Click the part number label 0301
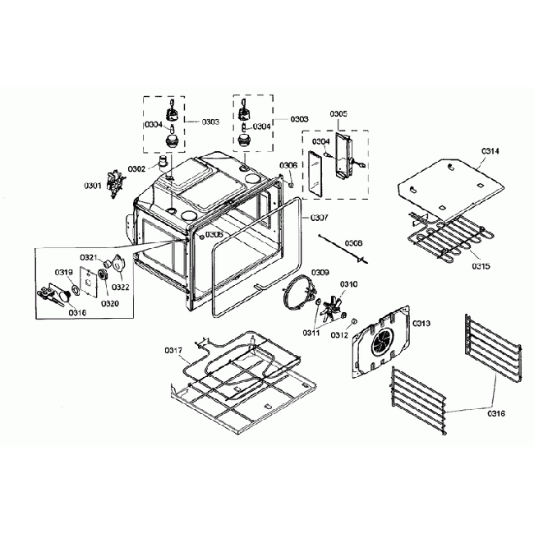pos(92,186)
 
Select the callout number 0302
pos(136,168)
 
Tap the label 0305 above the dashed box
pos(338,113)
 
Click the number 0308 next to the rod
pos(353,243)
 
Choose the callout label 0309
pos(320,272)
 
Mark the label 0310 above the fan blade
pos(349,284)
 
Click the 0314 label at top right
pos(490,151)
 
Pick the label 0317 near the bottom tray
pos(173,351)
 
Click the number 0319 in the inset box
pos(64,272)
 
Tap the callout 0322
pos(121,287)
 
